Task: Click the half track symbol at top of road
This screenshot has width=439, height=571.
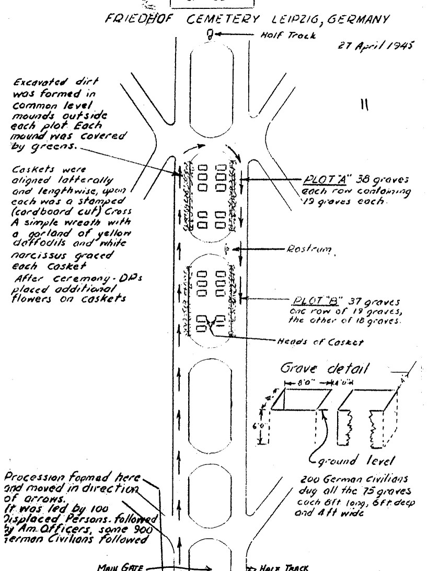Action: point(209,35)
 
